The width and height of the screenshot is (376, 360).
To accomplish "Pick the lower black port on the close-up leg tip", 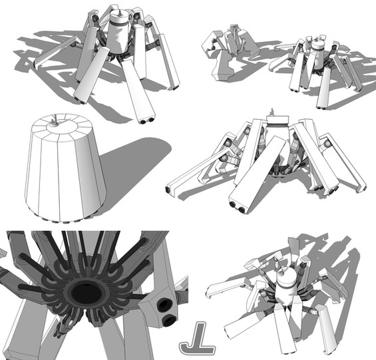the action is [168, 320].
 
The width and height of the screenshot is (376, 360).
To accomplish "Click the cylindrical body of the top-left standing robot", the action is [118, 33].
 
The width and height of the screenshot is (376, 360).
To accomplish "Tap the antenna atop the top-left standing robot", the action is [119, 13].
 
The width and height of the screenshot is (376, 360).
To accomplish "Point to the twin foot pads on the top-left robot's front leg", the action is [147, 120].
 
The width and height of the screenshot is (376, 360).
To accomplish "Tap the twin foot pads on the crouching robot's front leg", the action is [237, 207].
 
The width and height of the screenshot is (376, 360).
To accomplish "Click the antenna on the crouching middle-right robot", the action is [272, 112].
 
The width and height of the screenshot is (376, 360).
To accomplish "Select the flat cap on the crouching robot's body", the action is [278, 120].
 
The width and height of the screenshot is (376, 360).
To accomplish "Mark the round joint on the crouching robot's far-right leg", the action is [327, 144].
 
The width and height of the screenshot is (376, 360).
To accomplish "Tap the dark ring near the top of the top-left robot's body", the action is [120, 23].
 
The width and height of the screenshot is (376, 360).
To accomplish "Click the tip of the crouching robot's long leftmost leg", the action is [168, 190].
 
